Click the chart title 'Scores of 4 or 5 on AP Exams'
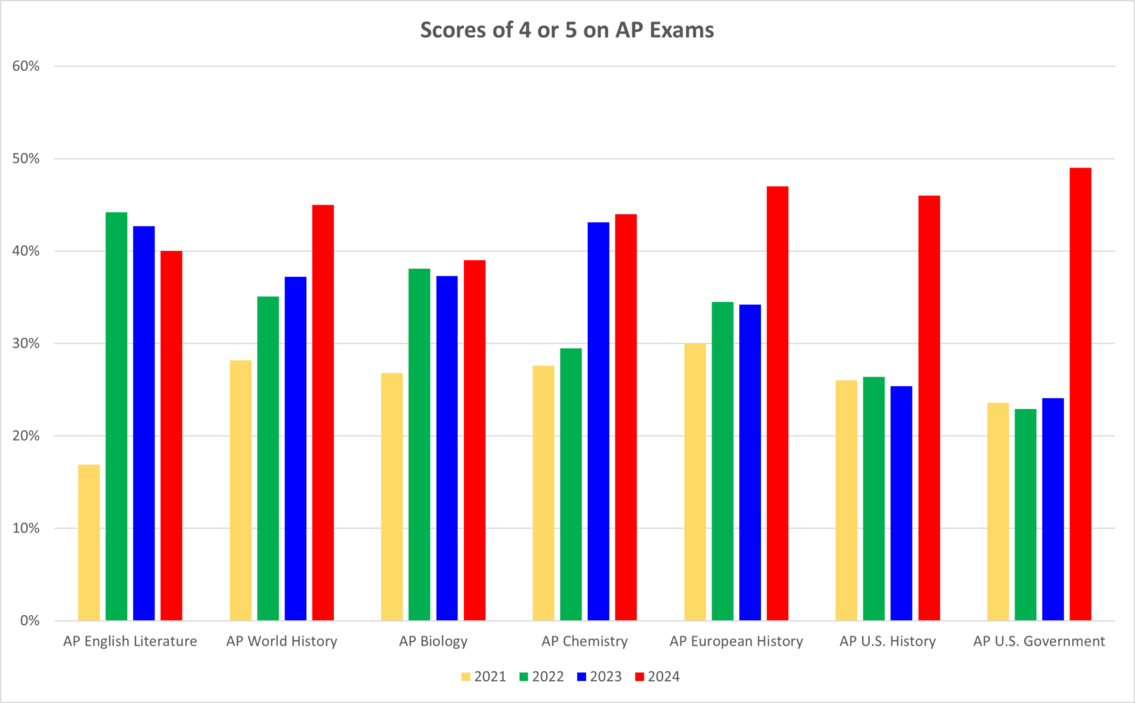[x=567, y=30]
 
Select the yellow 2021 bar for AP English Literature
[x=89, y=543]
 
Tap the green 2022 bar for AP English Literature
[x=116, y=416]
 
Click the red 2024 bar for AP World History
[x=323, y=413]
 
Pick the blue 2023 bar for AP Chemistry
[x=599, y=421]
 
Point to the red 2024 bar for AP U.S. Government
[x=1080, y=394]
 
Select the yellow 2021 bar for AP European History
[x=695, y=482]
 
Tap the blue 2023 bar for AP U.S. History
[x=901, y=503]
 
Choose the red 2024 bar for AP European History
[x=777, y=403]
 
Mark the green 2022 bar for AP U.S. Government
[x=1026, y=515]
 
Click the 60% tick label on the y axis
[x=26, y=66]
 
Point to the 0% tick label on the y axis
[x=30, y=620]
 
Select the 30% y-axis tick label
[x=26, y=343]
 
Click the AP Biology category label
[x=433, y=641]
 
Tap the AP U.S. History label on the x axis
[x=887, y=641]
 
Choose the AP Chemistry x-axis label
[x=584, y=641]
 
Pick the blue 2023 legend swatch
[x=582, y=676]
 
